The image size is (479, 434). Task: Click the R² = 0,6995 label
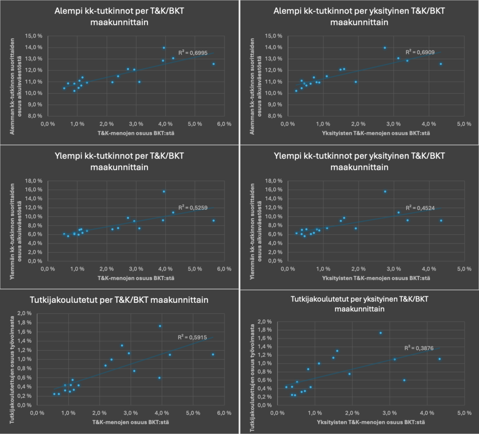pos(191,52)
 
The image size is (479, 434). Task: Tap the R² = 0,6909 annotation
pos(419,51)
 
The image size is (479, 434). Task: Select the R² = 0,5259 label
pos(191,207)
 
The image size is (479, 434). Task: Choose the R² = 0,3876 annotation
pos(418,348)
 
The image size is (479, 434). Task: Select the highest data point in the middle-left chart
pos(164,191)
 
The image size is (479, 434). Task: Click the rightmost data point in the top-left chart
pos(213,64)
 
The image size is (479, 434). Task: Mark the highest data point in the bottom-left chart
pos(160,326)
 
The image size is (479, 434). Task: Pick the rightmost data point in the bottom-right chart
pos(439,359)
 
